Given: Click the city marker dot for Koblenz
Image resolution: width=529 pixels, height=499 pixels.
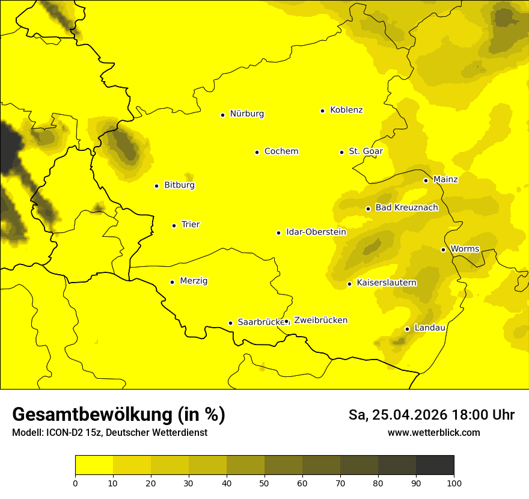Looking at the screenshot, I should (323, 111).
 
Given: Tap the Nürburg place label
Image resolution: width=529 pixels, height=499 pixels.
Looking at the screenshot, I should (247, 114).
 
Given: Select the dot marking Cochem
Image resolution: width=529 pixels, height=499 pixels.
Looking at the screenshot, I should (257, 152).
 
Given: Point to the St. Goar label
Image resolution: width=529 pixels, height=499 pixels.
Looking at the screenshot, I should (365, 152).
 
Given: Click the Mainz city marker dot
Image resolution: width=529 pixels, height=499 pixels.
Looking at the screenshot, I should (426, 180).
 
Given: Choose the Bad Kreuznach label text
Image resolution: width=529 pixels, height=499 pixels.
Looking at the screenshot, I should (406, 208).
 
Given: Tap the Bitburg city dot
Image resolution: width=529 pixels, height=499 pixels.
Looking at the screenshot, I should (156, 186).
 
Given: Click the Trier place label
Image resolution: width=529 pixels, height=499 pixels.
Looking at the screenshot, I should (191, 225).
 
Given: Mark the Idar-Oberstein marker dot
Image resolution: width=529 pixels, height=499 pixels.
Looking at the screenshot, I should (279, 233).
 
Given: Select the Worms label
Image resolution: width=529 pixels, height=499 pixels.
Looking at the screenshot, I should (465, 249).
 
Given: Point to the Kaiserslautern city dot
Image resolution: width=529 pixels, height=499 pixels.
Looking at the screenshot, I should (349, 284).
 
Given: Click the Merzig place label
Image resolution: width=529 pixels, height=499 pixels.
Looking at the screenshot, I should (194, 281).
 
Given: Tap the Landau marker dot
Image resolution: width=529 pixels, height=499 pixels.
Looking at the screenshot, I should (407, 329).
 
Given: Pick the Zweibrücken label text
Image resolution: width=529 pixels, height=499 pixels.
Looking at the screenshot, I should (320, 320).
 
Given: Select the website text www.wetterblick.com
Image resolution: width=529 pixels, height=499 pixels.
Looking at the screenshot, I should (434, 433).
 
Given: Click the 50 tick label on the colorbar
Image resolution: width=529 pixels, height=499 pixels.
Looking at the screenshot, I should (264, 483).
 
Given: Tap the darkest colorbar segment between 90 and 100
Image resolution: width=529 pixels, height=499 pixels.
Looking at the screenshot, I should (435, 465).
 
